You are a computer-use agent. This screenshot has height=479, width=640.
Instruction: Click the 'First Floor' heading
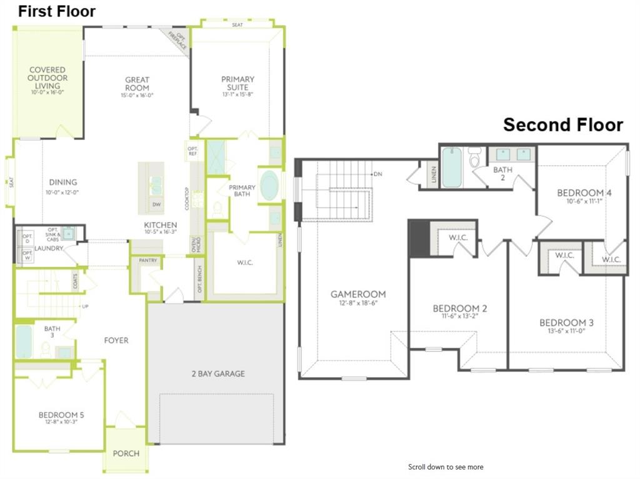tap(57, 11)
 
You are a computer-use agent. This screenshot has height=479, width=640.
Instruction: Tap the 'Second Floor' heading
tap(563, 125)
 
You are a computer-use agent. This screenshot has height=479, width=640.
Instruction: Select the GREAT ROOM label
tap(137, 84)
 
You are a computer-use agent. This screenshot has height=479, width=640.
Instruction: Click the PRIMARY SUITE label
tap(237, 83)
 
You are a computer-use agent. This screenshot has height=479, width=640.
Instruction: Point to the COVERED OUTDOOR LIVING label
tap(47, 78)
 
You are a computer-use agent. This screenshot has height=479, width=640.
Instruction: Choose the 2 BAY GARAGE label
tap(218, 373)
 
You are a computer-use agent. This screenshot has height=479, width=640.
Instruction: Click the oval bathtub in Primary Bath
tap(269, 185)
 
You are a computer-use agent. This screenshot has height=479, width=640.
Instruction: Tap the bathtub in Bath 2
tap(451, 167)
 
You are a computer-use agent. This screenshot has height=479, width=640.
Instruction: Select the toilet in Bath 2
tap(474, 158)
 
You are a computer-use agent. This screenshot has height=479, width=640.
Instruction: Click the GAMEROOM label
tap(358, 294)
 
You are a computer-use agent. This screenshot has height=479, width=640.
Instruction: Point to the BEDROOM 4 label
tap(584, 193)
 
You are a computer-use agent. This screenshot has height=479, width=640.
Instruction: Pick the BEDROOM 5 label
tap(61, 415)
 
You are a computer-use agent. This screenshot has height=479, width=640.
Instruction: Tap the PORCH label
tap(126, 453)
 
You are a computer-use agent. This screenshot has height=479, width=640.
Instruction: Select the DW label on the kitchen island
tap(155, 204)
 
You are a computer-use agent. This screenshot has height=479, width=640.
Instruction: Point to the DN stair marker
tap(377, 174)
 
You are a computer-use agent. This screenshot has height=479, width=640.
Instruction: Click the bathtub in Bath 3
tap(24, 341)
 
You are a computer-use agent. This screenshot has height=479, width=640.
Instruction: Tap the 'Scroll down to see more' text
tap(446, 467)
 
